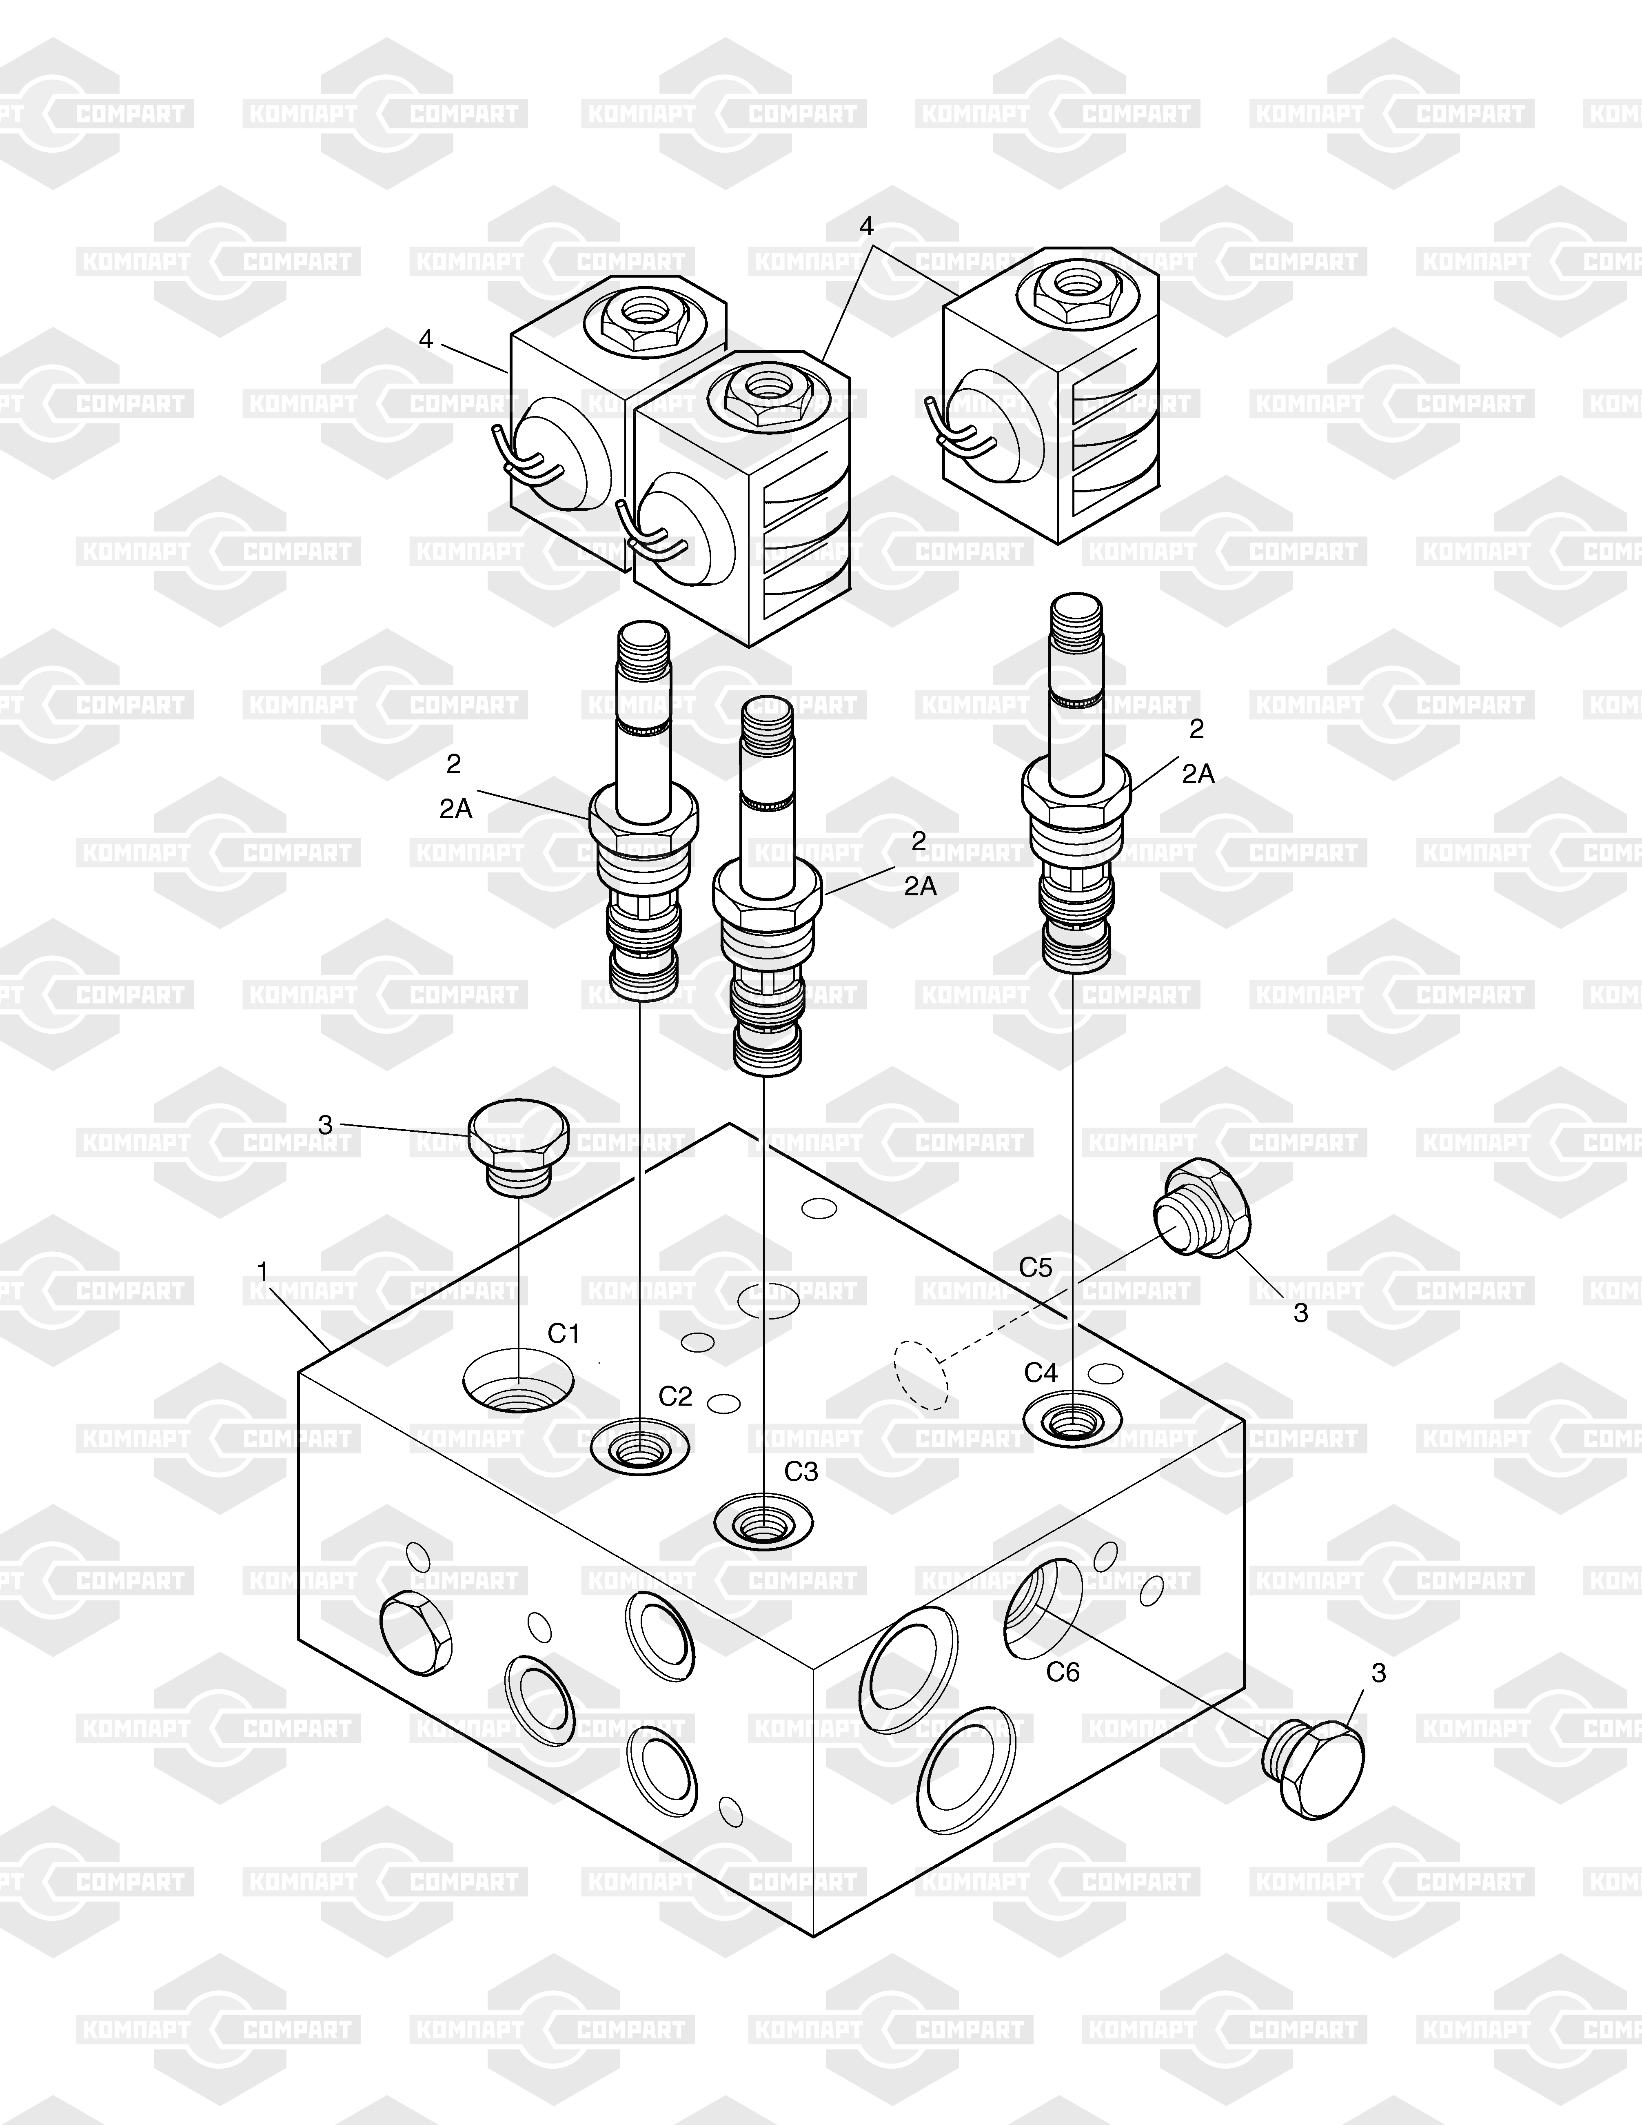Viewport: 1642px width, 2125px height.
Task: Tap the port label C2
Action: tap(675, 1396)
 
